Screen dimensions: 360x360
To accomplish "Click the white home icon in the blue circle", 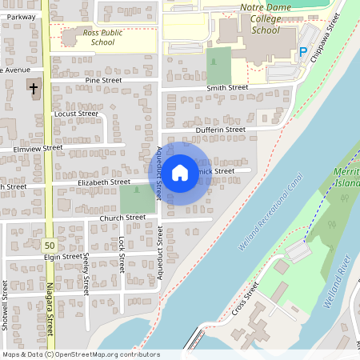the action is [x=180, y=171].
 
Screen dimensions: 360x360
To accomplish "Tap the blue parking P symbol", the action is [x=303, y=52].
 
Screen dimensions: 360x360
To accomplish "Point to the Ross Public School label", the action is [x=103, y=38].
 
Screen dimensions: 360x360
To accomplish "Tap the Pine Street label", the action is [x=103, y=81].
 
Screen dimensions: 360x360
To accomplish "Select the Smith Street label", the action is [x=227, y=88].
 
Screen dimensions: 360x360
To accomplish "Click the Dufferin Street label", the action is [x=220, y=130].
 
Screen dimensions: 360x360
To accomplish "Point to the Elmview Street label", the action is [x=38, y=148].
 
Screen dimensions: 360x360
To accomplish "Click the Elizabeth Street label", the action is [x=104, y=182].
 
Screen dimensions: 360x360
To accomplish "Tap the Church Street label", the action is [x=122, y=217].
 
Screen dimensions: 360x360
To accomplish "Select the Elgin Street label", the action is [x=63, y=257].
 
